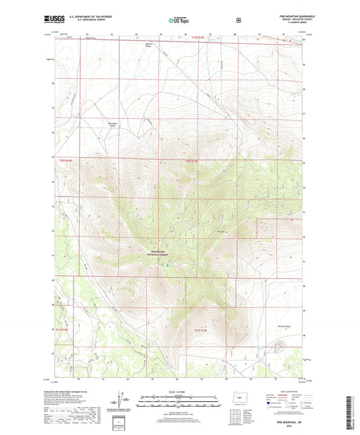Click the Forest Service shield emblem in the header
(238, 20)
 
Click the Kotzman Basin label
(284, 326)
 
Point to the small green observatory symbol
(167, 264)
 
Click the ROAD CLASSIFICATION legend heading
(278, 390)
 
